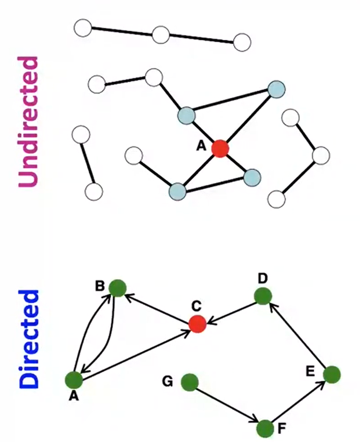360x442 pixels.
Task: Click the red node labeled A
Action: [220, 148]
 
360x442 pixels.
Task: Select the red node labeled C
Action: [197, 324]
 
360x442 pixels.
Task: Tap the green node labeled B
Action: [117, 288]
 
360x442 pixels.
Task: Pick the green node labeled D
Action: [263, 296]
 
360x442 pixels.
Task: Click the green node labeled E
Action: [331, 374]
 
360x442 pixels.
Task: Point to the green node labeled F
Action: [265, 427]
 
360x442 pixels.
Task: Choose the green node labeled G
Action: [190, 382]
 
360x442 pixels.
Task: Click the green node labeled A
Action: [73, 379]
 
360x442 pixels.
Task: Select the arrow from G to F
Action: [227, 405]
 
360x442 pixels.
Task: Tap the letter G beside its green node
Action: [167, 382]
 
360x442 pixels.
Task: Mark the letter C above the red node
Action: [196, 306]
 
